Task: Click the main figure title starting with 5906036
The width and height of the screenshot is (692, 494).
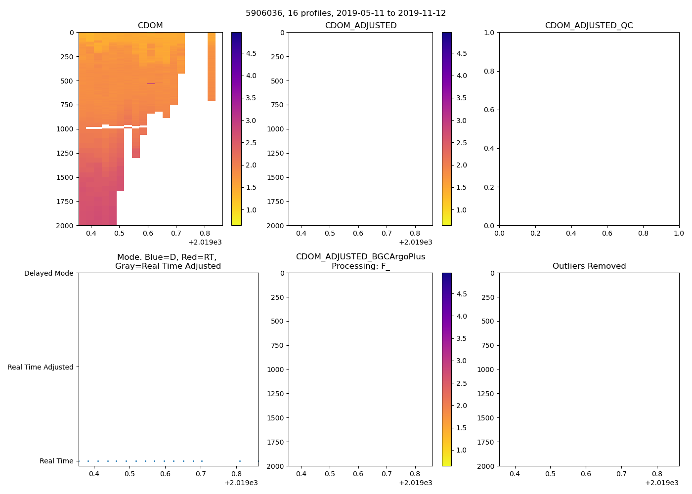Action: pos(346,13)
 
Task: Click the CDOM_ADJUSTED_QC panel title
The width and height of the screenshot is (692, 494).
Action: pos(589,26)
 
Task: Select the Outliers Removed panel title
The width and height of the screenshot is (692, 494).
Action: pos(589,266)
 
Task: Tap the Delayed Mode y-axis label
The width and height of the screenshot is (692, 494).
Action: pos(48,273)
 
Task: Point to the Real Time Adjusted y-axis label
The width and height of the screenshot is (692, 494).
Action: pos(40,367)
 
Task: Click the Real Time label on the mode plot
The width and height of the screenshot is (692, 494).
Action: pos(56,461)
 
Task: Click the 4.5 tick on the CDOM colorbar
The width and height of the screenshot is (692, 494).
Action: pos(252,53)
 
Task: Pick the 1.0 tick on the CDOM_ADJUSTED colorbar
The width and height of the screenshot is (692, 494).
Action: pos(461,210)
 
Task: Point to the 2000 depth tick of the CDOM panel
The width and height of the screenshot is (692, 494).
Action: pos(64,226)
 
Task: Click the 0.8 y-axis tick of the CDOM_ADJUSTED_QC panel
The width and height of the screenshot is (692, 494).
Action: pos(488,71)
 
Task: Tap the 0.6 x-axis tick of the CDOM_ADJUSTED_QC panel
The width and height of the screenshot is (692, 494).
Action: pos(607,233)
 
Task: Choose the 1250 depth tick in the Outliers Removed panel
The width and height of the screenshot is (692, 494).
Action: pos(485,394)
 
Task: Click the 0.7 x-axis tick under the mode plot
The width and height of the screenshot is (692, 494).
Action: pos(201,474)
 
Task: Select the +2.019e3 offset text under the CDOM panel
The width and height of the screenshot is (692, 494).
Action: pos(205,242)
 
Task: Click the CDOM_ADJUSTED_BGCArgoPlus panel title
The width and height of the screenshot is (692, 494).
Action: pos(360,261)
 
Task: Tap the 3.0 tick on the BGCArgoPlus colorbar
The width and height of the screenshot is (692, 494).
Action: pos(461,361)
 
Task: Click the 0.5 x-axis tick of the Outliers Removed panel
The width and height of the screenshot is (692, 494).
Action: pos(550,474)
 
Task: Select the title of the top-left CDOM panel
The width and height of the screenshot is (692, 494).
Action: pos(150,26)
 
